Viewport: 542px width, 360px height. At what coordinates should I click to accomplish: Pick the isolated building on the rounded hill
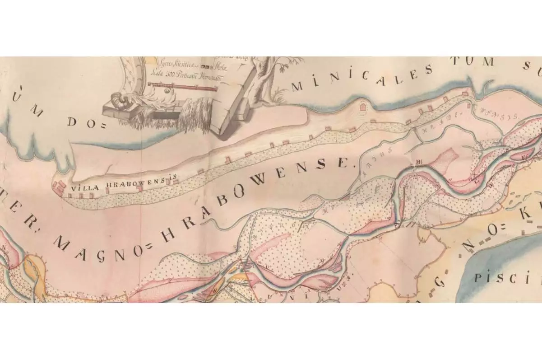point(362,108)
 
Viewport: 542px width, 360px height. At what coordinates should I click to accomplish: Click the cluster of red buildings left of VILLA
point(57,186)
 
